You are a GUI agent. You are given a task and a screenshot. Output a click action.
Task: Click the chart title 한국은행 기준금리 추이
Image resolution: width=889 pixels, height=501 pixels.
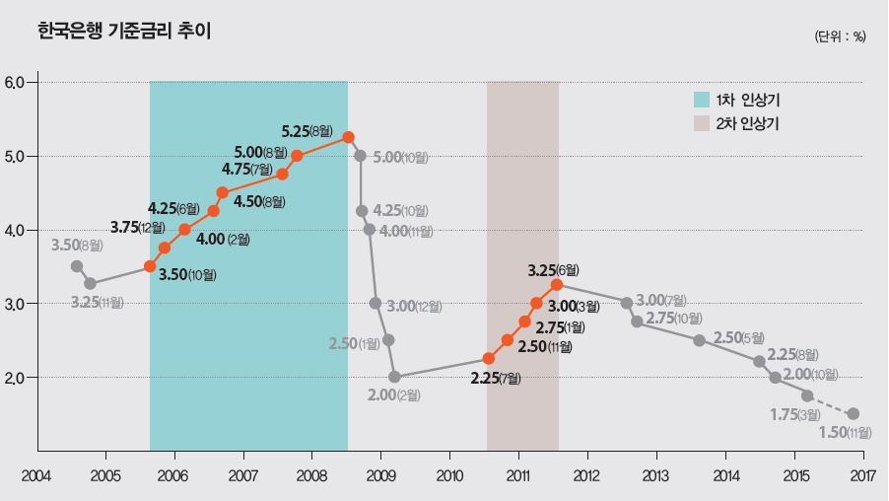point(123,32)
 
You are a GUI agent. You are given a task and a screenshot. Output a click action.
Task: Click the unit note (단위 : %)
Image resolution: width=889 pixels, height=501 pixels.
point(840,36)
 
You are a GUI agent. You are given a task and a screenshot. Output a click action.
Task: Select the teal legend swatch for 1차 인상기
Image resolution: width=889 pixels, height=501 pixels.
point(702,100)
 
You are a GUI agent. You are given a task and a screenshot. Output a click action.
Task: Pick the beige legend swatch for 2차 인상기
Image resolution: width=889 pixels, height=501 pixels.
point(702,123)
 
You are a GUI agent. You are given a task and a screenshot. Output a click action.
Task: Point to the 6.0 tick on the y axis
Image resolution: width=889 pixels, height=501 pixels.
point(19,82)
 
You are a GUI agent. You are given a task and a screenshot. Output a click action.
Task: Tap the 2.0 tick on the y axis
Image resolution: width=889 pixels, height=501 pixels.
point(19,377)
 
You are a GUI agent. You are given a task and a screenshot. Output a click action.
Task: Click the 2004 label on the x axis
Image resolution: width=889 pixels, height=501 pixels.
point(36,475)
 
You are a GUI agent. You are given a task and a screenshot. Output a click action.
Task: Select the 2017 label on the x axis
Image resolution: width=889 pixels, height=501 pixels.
point(862,475)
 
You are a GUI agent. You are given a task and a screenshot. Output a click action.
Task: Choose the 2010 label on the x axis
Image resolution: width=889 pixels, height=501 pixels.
point(449,475)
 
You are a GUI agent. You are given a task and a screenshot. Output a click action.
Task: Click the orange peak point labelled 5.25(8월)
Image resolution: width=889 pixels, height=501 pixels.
point(348,137)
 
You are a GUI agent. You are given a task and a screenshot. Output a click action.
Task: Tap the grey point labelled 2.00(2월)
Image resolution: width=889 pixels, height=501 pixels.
point(394,377)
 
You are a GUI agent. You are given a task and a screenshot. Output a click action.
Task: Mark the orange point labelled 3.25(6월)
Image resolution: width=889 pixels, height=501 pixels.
point(557,284)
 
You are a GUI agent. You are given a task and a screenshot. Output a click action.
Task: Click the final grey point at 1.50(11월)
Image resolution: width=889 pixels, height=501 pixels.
point(853,414)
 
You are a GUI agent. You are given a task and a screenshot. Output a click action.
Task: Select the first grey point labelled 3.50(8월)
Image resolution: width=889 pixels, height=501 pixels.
point(77,266)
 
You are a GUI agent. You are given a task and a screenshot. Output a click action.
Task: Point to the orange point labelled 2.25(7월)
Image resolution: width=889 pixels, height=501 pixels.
point(489,358)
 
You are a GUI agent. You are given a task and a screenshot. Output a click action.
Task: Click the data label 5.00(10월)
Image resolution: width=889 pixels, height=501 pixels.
point(401,158)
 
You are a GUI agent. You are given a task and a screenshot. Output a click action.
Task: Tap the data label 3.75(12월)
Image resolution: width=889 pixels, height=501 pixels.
point(138,228)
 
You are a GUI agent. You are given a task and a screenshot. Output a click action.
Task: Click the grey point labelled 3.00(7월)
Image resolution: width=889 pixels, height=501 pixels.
point(626,303)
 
